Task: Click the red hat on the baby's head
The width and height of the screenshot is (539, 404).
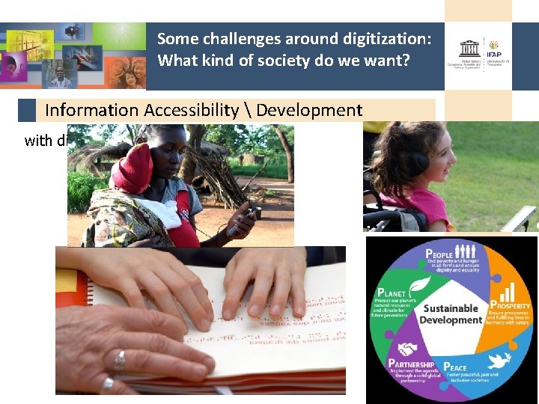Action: pos(133,168)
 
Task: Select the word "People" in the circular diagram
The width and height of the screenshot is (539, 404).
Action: pos(439,255)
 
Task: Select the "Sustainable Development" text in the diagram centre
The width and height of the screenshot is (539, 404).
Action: pos(451,314)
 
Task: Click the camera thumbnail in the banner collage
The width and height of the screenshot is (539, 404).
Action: pos(72,31)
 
